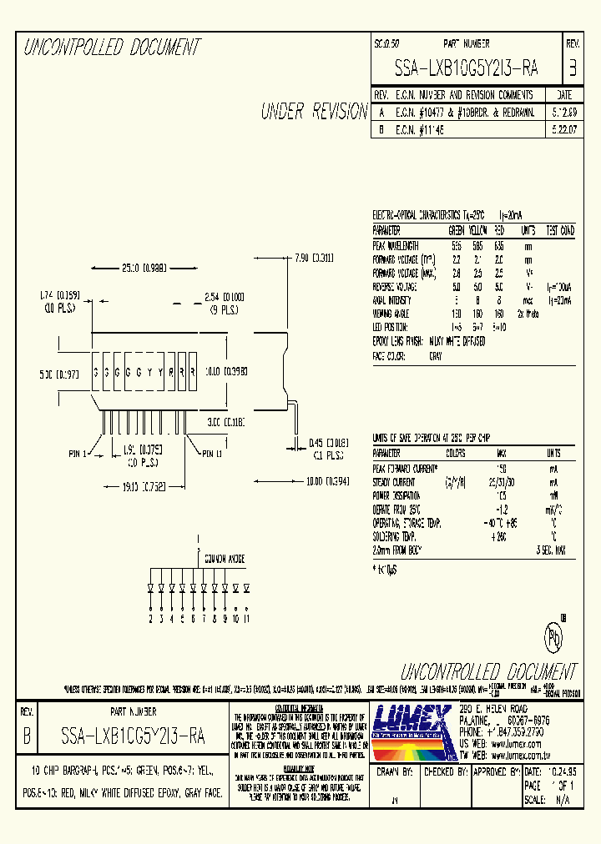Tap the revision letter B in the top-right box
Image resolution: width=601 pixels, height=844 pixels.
[x=572, y=68]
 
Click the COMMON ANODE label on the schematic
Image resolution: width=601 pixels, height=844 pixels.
[x=221, y=561]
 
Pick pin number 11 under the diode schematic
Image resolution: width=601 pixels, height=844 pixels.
[x=247, y=619]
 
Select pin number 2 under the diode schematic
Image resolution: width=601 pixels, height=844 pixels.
[x=150, y=619]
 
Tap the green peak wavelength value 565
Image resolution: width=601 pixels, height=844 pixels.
[x=456, y=244]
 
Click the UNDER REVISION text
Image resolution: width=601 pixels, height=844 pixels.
[x=314, y=112]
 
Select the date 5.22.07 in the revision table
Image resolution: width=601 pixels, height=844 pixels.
[x=563, y=130]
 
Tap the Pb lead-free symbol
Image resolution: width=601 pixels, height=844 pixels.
[x=552, y=636]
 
